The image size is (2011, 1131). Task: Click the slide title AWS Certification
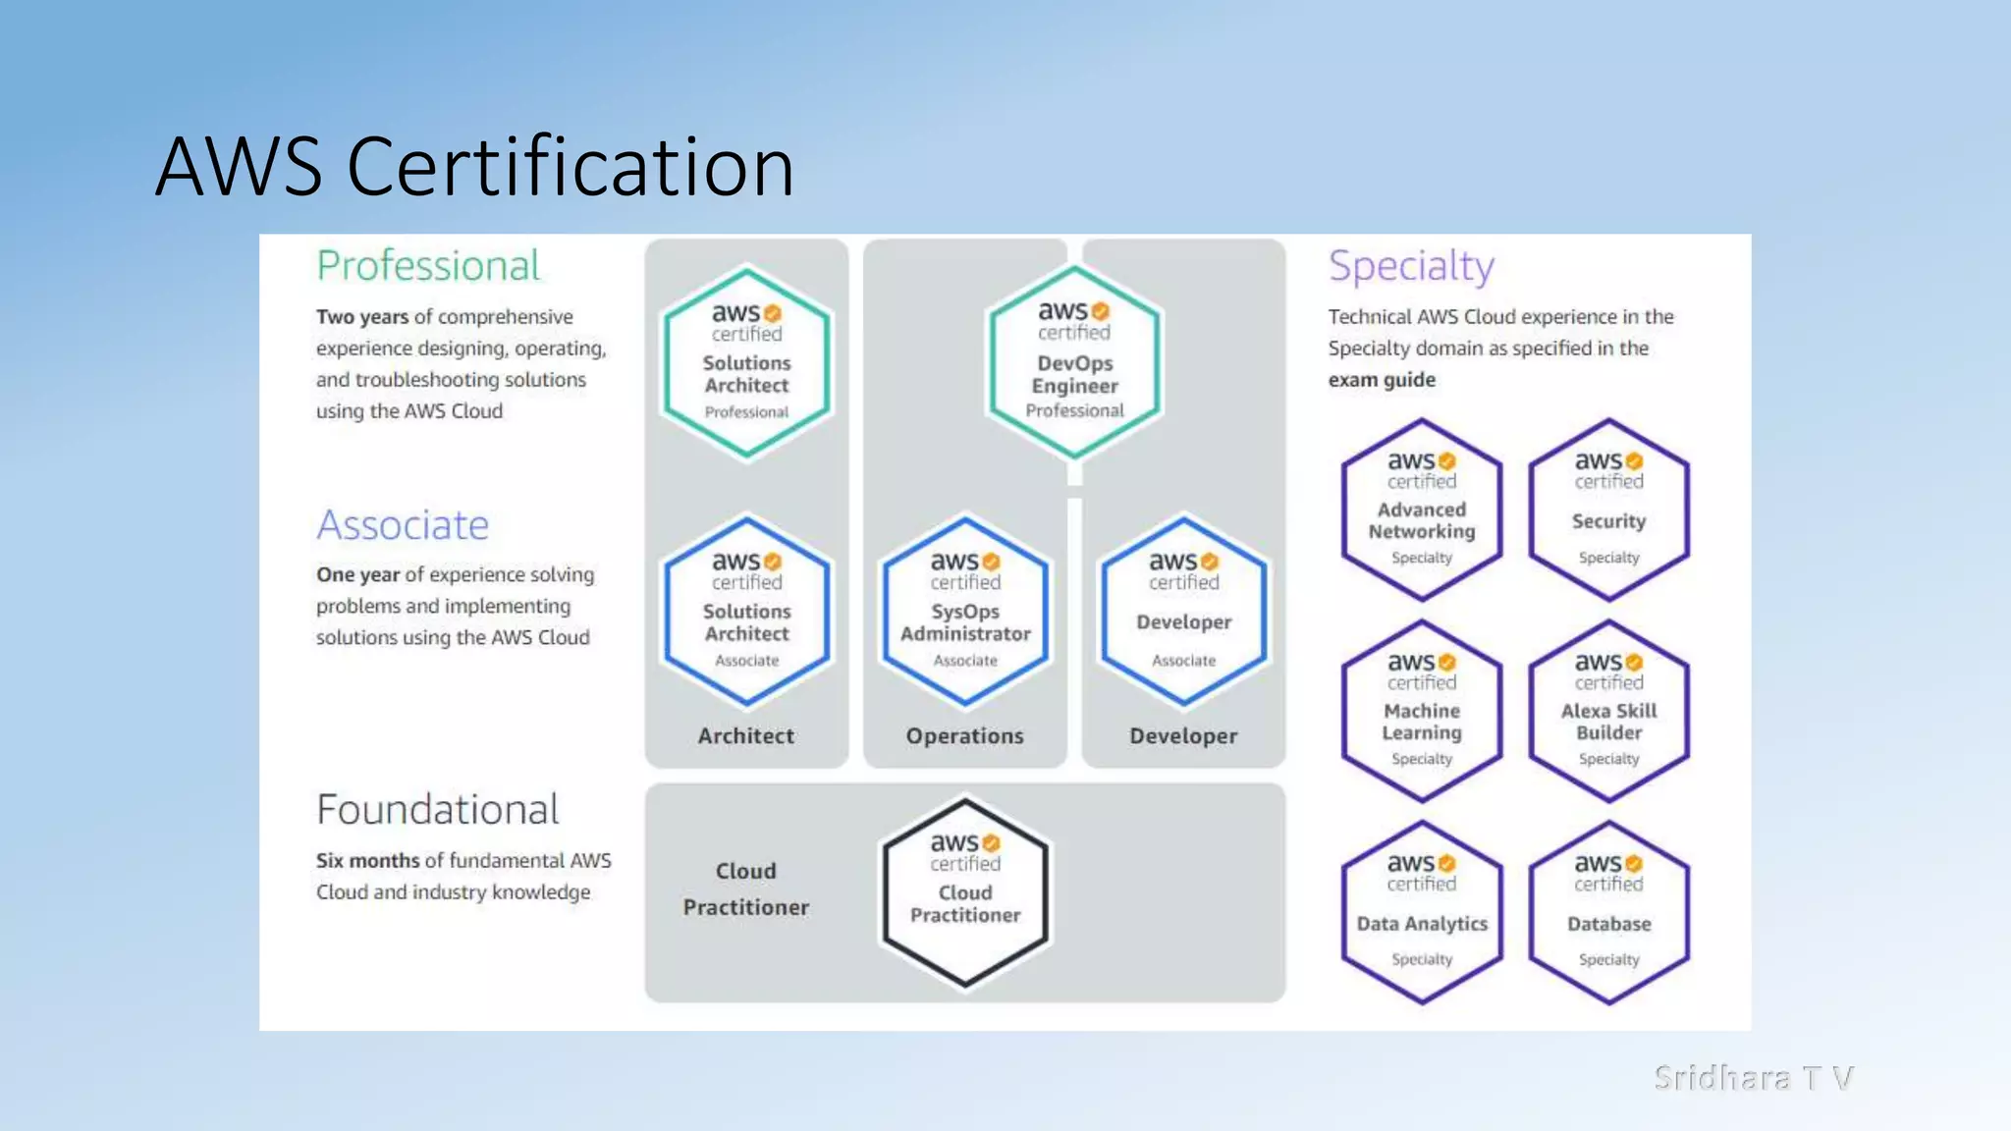(x=474, y=167)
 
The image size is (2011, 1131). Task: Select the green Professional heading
(x=428, y=266)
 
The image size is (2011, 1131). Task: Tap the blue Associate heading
(x=403, y=525)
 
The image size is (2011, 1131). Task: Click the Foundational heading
(x=438, y=810)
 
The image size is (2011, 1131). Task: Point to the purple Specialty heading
(x=1411, y=266)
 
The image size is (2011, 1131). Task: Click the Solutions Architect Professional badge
(x=746, y=362)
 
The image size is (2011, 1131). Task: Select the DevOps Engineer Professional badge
(x=1074, y=361)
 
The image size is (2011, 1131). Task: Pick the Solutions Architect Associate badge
(x=746, y=611)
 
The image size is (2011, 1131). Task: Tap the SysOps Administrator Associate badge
(x=965, y=611)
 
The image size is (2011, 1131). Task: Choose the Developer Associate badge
(x=1183, y=611)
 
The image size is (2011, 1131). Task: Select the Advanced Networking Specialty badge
(x=1422, y=510)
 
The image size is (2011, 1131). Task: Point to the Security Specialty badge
(x=1608, y=510)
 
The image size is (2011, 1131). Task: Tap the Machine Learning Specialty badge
(x=1422, y=711)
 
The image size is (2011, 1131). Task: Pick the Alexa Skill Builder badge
(x=1608, y=711)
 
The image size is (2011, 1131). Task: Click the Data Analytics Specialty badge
(x=1422, y=912)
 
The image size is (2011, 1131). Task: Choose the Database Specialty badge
(x=1608, y=912)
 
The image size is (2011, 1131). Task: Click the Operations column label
(x=964, y=736)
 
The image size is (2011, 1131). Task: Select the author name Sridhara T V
(x=1754, y=1078)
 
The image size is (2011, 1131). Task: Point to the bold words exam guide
(x=1382, y=380)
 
